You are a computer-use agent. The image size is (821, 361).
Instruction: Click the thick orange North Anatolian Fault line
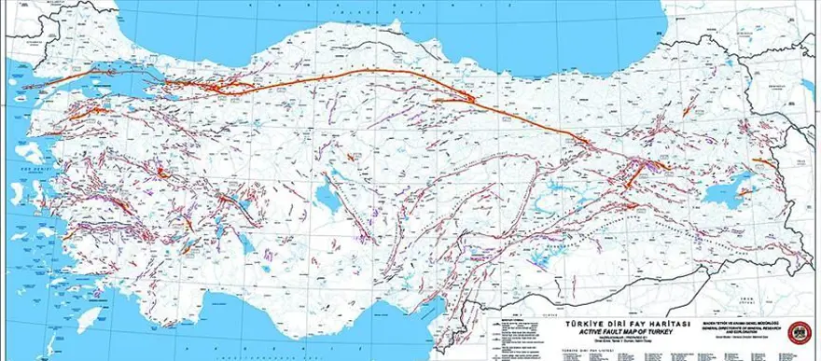(373, 75)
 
